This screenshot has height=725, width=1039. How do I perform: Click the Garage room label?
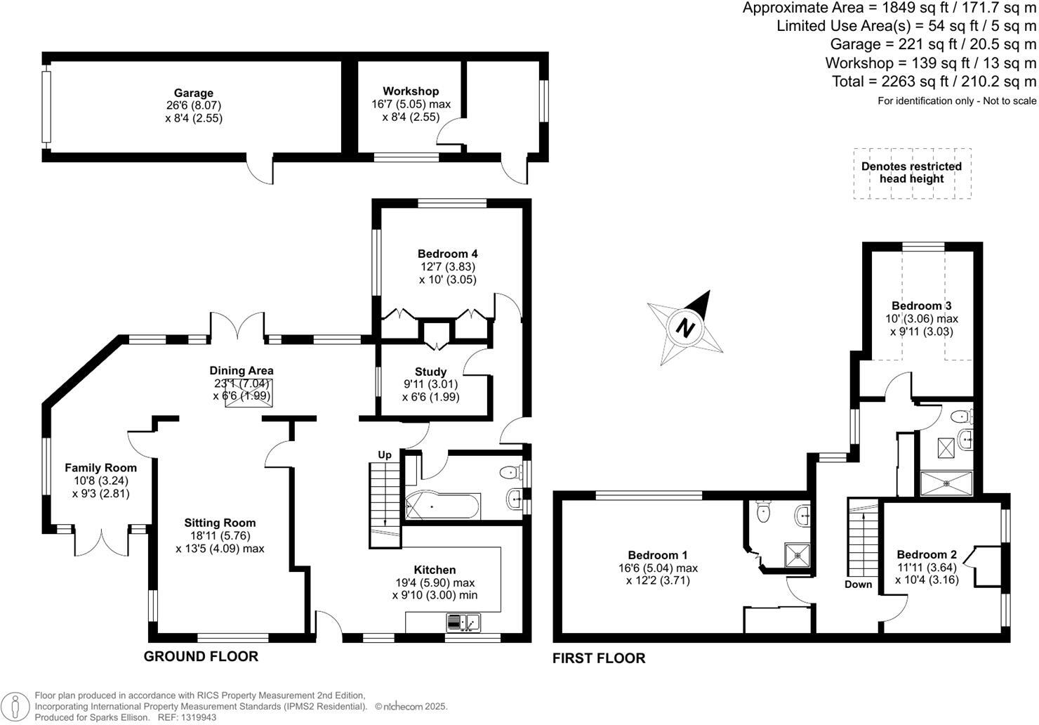point(194,93)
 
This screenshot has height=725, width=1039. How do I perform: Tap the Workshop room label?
point(411,91)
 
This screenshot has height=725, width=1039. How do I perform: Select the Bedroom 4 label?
point(447,254)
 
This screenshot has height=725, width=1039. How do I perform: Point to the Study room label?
point(430,372)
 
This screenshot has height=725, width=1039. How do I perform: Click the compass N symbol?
point(686,327)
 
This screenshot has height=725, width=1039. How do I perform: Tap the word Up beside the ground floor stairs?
point(385,455)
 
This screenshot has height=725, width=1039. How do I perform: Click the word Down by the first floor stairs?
point(858,584)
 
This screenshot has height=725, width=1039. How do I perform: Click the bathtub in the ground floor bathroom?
point(442,506)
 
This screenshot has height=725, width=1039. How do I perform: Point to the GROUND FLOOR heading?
point(201,656)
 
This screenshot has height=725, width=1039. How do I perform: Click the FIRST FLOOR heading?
point(598,658)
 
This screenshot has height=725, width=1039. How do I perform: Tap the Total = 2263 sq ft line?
point(933,81)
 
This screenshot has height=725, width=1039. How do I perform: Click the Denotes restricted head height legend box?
point(912,173)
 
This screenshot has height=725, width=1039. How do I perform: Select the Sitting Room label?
point(220,523)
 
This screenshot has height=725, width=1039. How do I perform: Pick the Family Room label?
point(100,468)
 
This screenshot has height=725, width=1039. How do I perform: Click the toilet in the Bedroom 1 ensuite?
point(764,512)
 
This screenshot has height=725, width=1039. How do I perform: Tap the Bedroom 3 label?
point(921,306)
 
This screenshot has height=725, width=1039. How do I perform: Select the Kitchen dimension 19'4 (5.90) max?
point(435,582)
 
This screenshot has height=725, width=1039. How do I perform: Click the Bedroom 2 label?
point(926,554)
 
